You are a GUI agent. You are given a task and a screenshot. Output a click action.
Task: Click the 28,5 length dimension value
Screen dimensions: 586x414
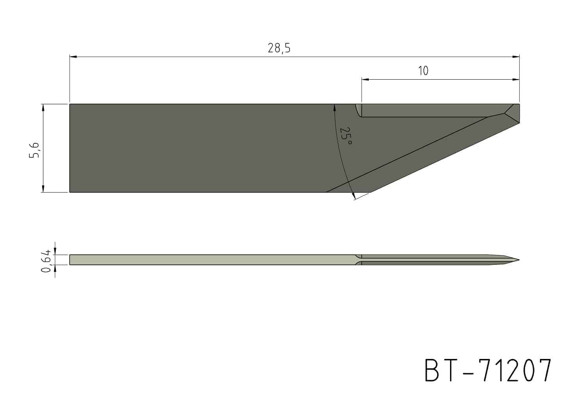pyautogui.click(x=279, y=48)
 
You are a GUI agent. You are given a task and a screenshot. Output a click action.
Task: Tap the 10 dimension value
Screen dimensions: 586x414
pyautogui.click(x=423, y=71)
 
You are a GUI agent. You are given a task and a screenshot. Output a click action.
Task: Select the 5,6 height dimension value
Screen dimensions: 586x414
pyautogui.click(x=34, y=150)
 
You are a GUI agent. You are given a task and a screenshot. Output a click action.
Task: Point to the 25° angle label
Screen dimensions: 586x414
pyautogui.click(x=346, y=136)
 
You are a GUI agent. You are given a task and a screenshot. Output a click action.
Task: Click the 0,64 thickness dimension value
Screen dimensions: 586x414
pyautogui.click(x=46, y=261)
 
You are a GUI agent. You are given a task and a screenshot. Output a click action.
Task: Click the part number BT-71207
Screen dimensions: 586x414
pyautogui.click(x=488, y=370)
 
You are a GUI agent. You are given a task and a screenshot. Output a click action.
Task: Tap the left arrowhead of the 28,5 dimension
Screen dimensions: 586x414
pyautogui.click(x=73, y=57)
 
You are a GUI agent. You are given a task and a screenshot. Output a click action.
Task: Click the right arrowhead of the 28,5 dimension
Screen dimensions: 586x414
pyautogui.click(x=516, y=57)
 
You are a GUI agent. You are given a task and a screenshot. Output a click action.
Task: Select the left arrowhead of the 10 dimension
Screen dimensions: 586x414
pyautogui.click(x=365, y=79)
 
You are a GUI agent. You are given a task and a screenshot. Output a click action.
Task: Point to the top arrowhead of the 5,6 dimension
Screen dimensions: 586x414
pyautogui.click(x=43, y=107)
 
